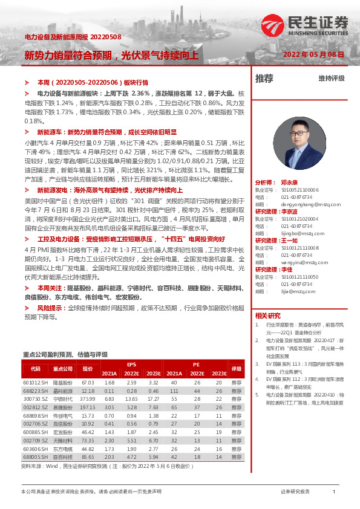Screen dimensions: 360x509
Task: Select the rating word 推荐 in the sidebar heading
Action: [264, 79]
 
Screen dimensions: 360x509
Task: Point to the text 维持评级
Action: [332, 79]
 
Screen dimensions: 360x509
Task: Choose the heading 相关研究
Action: [268, 316]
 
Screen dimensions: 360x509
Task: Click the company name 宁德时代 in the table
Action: [63, 400]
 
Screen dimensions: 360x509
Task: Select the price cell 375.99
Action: [88, 400]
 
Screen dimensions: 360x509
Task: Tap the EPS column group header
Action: [131, 364]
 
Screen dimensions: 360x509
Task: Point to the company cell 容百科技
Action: [63, 458]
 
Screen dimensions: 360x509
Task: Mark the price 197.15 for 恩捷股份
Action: [88, 408]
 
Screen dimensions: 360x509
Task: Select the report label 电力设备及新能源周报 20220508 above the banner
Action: [73, 37]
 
